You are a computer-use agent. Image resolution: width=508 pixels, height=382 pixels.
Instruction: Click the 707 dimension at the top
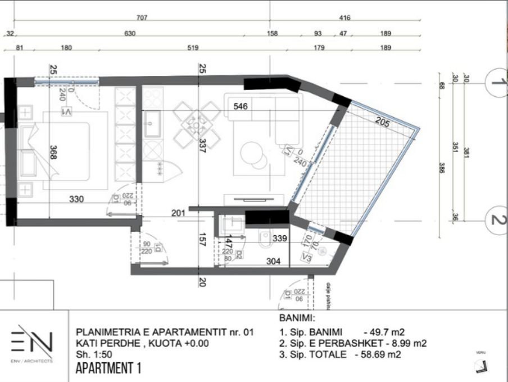[142, 18]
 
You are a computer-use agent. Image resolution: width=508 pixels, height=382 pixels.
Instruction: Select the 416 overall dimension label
[344, 18]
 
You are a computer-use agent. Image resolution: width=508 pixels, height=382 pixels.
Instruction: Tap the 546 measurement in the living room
[241, 105]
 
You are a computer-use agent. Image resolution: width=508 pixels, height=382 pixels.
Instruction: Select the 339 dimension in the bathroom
[280, 239]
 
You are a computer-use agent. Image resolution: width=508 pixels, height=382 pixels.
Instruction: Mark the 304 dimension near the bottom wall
[274, 260]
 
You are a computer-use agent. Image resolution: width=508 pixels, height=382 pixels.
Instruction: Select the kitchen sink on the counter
[152, 124]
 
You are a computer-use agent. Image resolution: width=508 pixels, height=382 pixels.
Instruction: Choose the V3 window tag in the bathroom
[307, 258]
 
